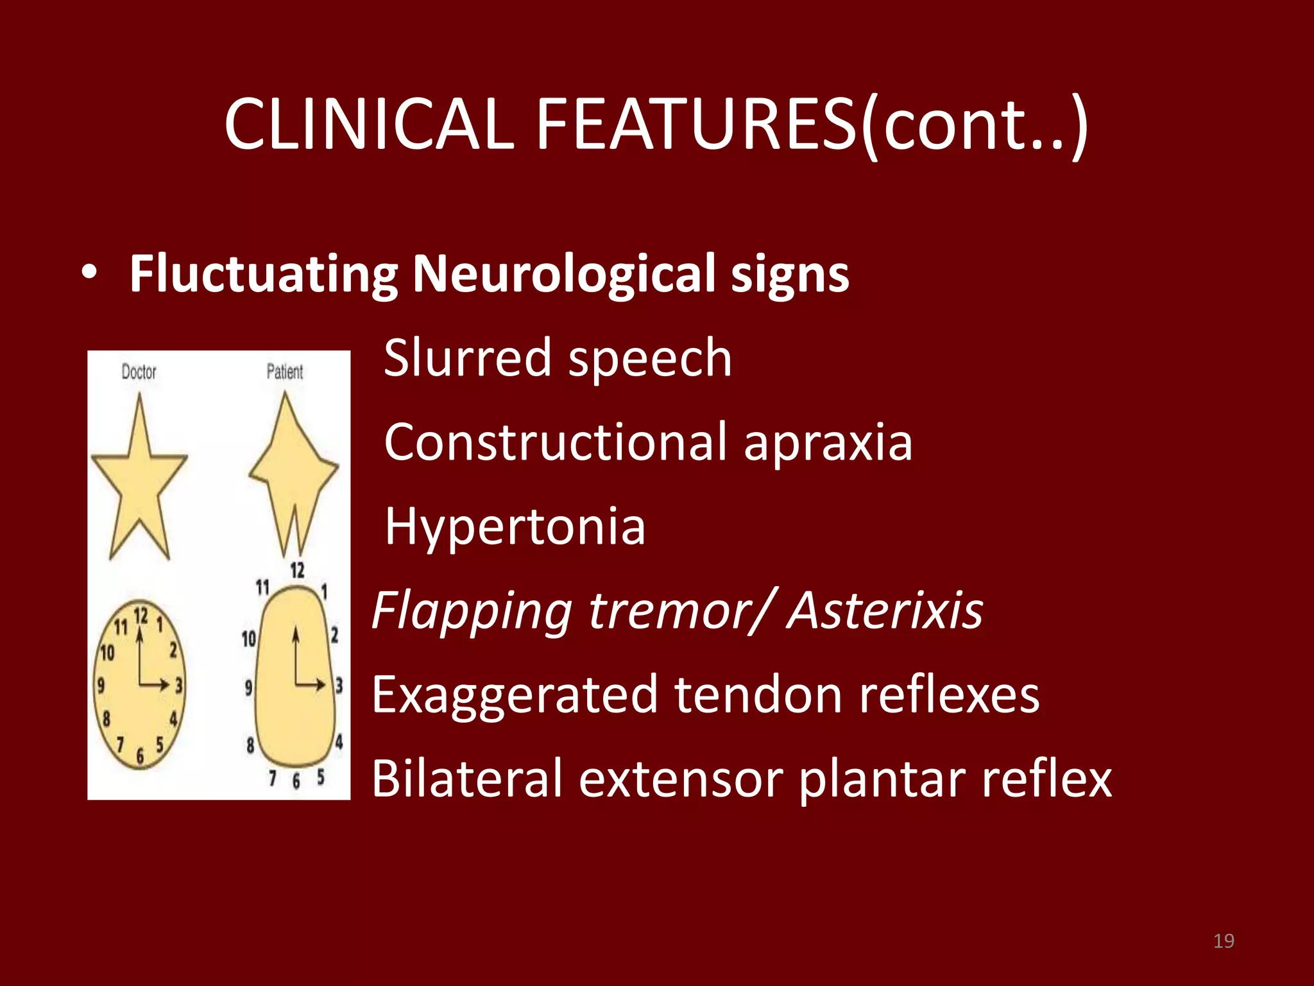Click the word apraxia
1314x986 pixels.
tap(828, 443)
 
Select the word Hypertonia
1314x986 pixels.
tap(515, 526)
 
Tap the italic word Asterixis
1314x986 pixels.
tap(885, 610)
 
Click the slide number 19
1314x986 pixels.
tap(1224, 941)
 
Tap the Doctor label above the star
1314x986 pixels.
tap(139, 372)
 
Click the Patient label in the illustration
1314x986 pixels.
tap(284, 372)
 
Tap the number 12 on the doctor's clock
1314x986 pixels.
tap(141, 616)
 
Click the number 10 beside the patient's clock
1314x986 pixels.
tap(248, 639)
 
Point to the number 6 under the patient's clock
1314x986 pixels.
tap(296, 781)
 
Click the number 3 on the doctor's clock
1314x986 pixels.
tap(179, 685)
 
